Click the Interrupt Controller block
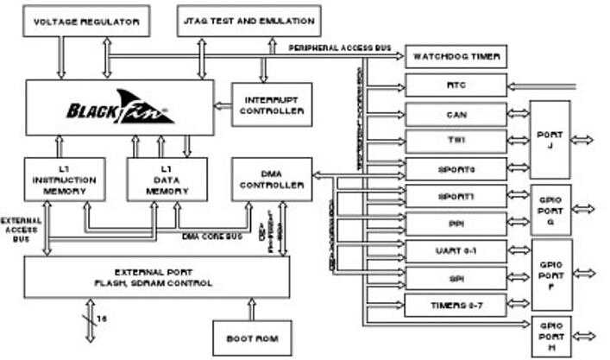(272, 104)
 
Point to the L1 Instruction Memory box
(65, 179)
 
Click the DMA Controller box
(272, 179)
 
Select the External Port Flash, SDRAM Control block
(156, 277)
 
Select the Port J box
(550, 139)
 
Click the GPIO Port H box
(550, 335)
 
